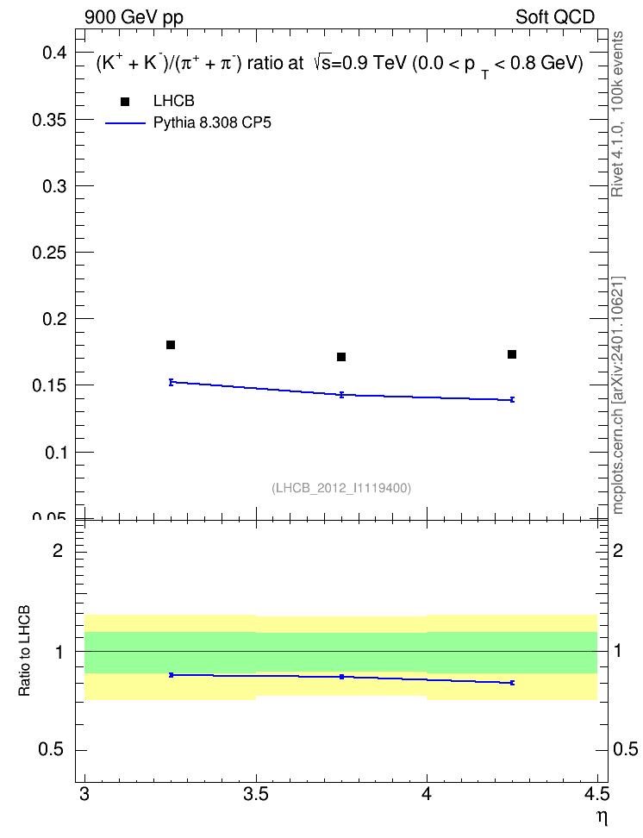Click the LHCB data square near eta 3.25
171,345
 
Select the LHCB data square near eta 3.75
341,356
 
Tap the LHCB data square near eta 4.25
511,354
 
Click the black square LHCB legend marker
125,102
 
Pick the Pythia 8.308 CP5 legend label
212,123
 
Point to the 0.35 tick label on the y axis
49,120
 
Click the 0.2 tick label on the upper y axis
54,319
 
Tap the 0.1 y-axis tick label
55,453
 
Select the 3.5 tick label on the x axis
255,794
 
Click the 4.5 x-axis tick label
596,794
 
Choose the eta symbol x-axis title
602,818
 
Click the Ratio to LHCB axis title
24,651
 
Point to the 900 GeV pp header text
134,17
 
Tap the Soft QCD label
555,17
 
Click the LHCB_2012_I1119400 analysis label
341,488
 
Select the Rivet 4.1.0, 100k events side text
617,114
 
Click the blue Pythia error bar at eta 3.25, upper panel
171,382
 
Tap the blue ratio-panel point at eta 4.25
511,683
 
